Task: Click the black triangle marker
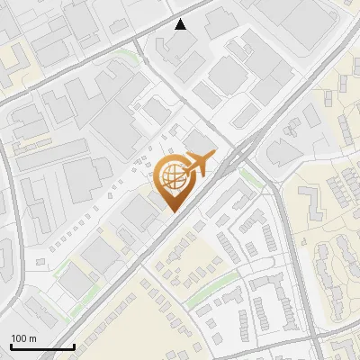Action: (181, 24)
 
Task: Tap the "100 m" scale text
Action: (23, 338)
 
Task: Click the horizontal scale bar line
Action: (42, 346)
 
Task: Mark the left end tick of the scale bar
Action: (11, 345)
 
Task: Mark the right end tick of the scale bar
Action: (74, 345)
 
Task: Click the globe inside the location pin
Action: (170, 175)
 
